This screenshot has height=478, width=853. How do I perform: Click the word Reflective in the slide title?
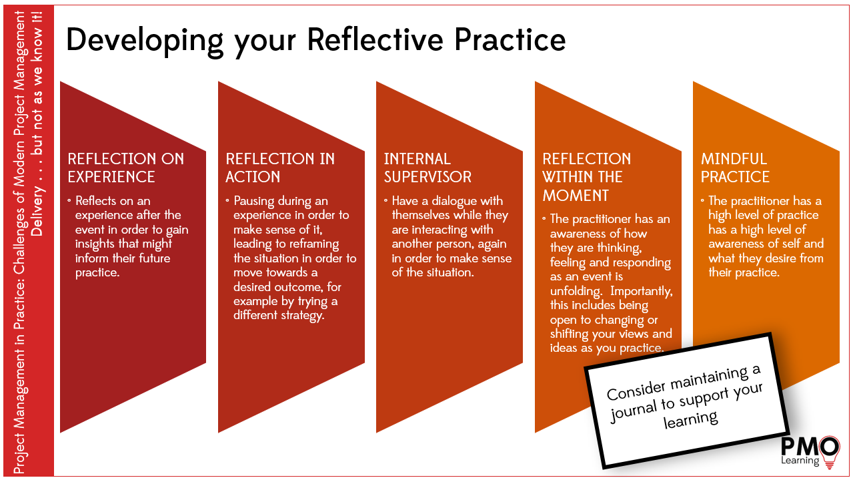[x=375, y=39]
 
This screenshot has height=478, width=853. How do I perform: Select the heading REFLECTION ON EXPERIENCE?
[x=125, y=168]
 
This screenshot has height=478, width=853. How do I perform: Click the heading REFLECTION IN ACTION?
[x=280, y=168]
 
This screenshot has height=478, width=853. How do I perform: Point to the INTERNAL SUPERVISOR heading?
[x=428, y=168]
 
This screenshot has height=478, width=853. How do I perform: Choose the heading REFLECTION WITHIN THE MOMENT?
[x=586, y=177]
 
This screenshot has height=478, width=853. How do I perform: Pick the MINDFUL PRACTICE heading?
[x=735, y=168]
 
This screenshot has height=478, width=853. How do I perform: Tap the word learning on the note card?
[x=691, y=420]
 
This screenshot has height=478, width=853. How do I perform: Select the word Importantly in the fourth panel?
[x=642, y=291]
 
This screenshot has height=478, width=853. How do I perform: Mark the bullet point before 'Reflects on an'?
[x=69, y=200]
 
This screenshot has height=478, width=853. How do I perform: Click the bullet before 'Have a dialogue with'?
[x=385, y=200]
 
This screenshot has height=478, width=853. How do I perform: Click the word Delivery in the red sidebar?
[x=37, y=212]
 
